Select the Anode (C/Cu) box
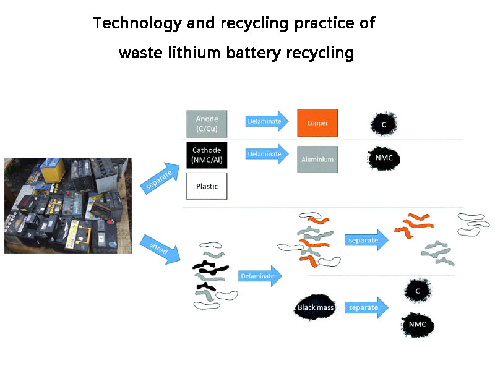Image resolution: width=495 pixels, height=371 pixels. point(207,124)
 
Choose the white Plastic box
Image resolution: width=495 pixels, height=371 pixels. point(207,186)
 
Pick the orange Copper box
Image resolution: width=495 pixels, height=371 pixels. point(317,123)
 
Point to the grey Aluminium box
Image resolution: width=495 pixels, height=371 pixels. point(317,160)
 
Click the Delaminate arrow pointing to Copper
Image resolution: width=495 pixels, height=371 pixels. point(267,121)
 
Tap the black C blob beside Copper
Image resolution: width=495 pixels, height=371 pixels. point(384,125)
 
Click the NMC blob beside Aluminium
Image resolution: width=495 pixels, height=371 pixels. point(384,158)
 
